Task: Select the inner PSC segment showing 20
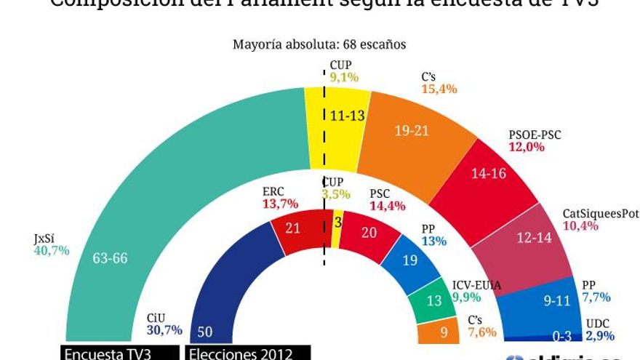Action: [368, 233]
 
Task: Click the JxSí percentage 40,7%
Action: [52, 251]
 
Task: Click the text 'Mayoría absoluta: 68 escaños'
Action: [319, 44]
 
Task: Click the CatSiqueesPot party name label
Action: [600, 213]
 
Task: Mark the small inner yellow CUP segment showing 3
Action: [337, 223]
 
